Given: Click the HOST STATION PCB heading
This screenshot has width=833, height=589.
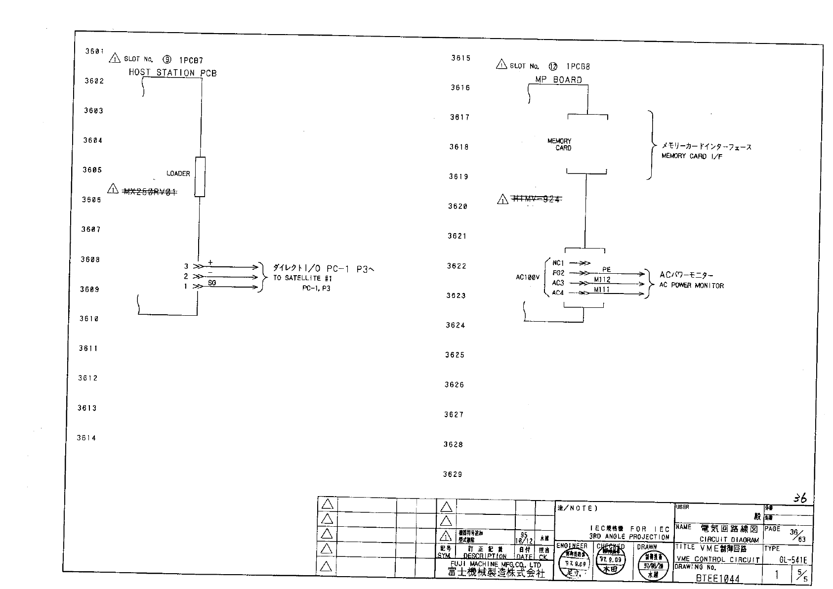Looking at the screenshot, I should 172,73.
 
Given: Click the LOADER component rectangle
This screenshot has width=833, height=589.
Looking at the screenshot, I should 200,177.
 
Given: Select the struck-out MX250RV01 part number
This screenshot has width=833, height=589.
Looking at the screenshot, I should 150,192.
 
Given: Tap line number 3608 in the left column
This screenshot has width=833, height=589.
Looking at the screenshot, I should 90,259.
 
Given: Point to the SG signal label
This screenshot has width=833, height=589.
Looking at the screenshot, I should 212,283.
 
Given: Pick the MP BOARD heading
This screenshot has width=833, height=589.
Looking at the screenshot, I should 558,80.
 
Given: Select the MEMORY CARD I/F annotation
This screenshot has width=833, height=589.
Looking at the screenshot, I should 692,156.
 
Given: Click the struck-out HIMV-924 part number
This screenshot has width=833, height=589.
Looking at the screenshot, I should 537,199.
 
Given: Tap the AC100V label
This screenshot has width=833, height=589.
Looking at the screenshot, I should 528,278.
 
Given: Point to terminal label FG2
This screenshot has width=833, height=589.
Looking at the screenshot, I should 558,273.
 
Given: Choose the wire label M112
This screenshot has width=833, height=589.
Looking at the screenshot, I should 602,280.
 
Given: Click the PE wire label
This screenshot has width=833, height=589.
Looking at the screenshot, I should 606,269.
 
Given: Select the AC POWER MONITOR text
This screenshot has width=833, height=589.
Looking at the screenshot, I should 691,286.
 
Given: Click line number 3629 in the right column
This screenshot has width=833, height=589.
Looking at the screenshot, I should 453,474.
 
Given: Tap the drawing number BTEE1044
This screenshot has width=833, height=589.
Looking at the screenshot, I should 718,578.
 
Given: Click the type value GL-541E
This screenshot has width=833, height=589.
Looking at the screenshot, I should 792,560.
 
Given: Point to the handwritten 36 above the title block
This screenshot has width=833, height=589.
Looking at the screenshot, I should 800,498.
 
